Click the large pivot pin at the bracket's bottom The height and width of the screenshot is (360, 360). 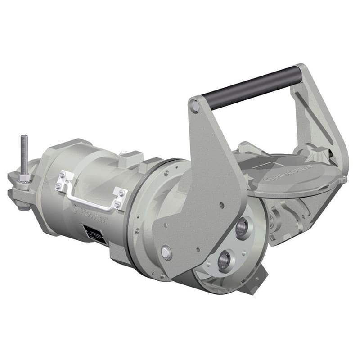[x=166, y=252]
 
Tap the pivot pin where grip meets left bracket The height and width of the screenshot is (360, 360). [x=195, y=106]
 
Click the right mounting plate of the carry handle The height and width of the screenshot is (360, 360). [x=120, y=198]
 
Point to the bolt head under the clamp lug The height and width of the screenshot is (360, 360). [x=22, y=207]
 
